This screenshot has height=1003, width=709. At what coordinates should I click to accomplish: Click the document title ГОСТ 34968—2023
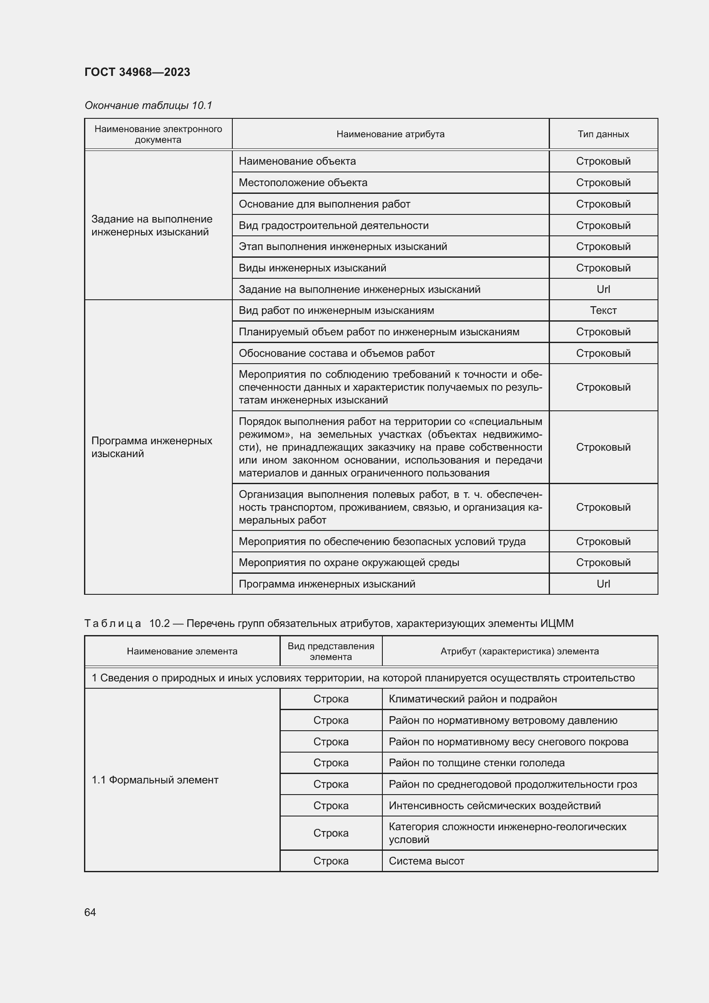click(x=137, y=72)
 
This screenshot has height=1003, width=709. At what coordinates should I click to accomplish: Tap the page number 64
click(x=90, y=912)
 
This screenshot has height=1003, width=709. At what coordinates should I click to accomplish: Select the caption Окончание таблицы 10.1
click(x=148, y=105)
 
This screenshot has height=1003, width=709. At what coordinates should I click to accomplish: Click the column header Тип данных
click(x=603, y=134)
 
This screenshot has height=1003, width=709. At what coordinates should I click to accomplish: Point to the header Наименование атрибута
click(x=391, y=134)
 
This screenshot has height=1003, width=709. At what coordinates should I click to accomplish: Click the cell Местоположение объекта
click(x=303, y=183)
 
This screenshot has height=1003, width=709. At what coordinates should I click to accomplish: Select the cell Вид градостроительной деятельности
click(x=333, y=226)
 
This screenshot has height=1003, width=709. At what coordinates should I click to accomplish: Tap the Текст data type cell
click(x=603, y=310)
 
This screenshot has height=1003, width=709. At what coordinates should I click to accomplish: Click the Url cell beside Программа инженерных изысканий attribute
click(x=603, y=584)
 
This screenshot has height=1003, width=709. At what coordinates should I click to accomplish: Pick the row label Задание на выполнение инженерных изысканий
click(x=152, y=226)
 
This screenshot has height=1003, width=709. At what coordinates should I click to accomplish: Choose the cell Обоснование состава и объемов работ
click(x=336, y=353)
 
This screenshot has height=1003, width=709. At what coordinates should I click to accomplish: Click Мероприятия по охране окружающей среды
click(x=349, y=563)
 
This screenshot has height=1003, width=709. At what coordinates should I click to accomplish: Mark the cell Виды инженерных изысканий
click(x=312, y=268)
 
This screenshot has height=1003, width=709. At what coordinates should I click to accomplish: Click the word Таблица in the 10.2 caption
click(x=113, y=623)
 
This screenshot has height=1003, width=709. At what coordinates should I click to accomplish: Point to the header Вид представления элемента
click(x=331, y=651)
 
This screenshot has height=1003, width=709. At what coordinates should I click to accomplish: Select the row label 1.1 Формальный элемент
click(x=155, y=780)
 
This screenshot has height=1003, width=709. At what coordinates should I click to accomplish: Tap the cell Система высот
click(x=427, y=861)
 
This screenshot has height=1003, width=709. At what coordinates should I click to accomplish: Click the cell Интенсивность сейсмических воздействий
click(x=495, y=806)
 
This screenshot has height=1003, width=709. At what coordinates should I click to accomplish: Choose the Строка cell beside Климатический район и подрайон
click(x=331, y=699)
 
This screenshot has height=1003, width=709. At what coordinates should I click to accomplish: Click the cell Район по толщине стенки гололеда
click(x=477, y=763)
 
